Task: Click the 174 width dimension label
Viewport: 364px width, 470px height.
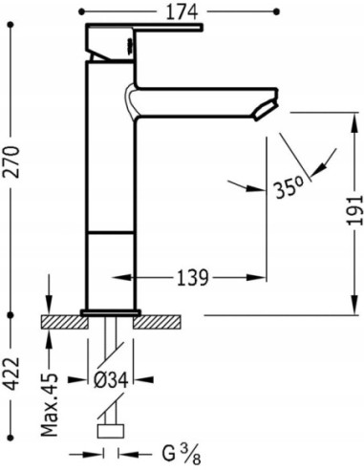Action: [182, 12]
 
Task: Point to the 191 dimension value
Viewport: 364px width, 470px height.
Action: [354, 210]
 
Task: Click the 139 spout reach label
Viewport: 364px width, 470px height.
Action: [192, 278]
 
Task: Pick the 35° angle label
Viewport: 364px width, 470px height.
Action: [289, 189]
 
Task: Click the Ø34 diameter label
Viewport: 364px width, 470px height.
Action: [111, 380]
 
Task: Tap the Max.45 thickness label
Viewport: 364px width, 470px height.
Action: [50, 404]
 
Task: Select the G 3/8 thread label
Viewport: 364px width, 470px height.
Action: [182, 454]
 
